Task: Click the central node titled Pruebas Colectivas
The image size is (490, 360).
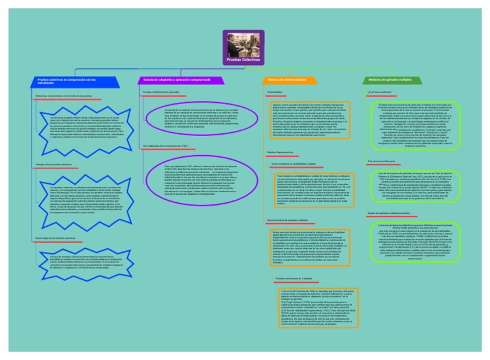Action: point(245,48)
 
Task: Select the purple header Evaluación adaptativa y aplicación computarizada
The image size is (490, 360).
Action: point(172,80)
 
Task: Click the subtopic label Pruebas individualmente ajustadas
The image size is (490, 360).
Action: point(161,93)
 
